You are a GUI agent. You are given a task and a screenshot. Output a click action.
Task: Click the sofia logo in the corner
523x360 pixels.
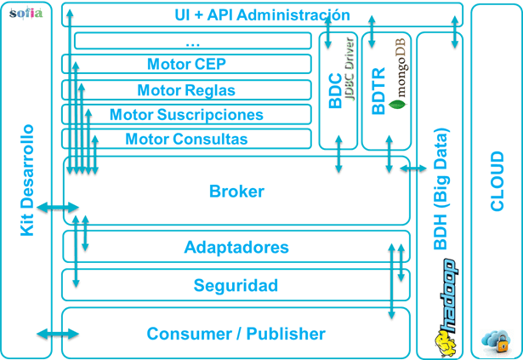coord(26,13)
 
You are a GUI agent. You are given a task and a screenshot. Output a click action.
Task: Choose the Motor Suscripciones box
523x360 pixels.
coord(186,114)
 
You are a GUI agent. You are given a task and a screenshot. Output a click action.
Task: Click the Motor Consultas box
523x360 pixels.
coord(186,139)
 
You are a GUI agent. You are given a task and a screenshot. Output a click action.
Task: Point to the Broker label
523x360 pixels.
coord(236,191)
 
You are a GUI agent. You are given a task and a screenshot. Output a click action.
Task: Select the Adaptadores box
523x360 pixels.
coord(236,248)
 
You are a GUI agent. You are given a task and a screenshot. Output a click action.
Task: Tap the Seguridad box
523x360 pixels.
coord(236,285)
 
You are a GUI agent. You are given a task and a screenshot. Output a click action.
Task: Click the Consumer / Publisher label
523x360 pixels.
coord(236,334)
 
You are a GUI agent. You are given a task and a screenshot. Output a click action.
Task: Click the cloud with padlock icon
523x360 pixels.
coord(495,341)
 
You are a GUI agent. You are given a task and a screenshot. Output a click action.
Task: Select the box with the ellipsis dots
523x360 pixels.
coord(192,41)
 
